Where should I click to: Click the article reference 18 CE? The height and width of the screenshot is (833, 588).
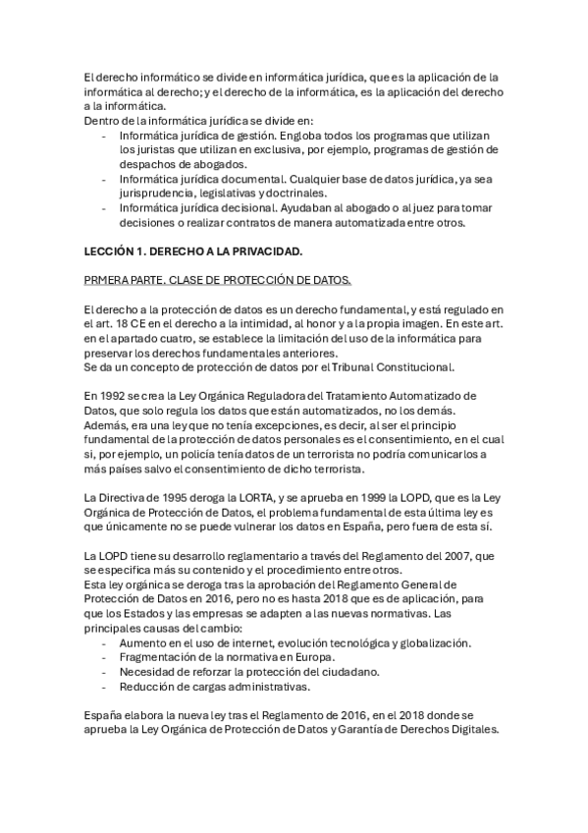coord(130,324)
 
